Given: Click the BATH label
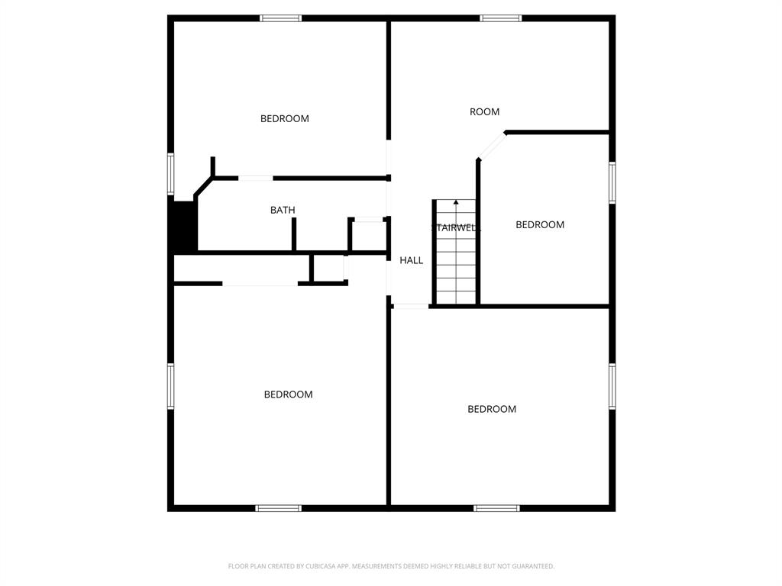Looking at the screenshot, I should click(x=283, y=210).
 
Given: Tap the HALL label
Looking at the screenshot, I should click(x=411, y=260).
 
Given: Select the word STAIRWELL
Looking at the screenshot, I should click(x=455, y=227).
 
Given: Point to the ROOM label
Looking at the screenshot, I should click(x=484, y=111).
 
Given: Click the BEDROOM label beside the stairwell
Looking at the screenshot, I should click(x=540, y=224).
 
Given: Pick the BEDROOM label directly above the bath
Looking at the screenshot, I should click(x=284, y=118).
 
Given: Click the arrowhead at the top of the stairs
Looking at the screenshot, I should click(x=457, y=202).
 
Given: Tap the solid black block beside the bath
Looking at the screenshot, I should click(x=184, y=226).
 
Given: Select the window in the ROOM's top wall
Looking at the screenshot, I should click(x=501, y=18).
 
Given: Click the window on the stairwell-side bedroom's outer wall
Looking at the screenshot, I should click(x=612, y=182).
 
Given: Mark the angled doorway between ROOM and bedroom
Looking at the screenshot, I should click(x=492, y=146).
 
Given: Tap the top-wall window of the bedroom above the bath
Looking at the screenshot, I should click(x=281, y=18).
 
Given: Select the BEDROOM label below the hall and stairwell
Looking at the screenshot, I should click(x=492, y=409).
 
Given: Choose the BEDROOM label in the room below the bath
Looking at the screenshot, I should click(x=288, y=394).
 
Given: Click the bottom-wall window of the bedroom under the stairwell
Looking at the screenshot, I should click(x=496, y=507).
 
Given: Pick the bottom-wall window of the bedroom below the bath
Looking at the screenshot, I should click(x=279, y=507).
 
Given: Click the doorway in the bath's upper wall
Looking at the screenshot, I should click(x=256, y=178).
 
